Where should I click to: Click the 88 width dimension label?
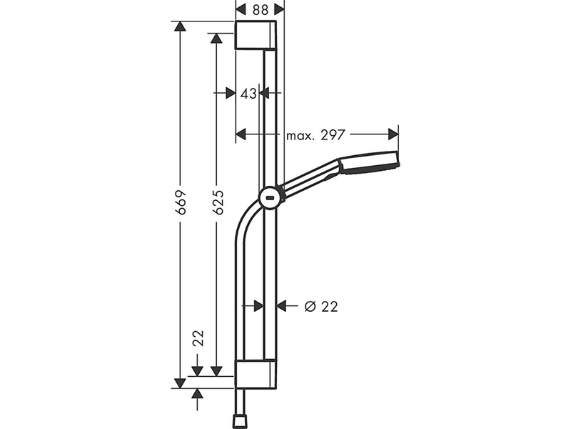(260, 10)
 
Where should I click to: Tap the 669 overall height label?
(181, 202)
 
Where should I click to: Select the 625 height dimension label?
(218, 202)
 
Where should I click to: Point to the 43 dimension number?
(248, 94)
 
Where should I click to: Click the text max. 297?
(315, 135)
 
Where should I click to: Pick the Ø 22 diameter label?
(321, 307)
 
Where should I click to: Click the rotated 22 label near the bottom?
(198, 338)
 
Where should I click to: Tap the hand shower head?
(368, 163)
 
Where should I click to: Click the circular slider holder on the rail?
(271, 198)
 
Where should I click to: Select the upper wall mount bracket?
(256, 35)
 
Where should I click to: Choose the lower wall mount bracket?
(256, 374)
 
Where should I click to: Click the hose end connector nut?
(240, 421)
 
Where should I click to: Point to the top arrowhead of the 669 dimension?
(180, 27)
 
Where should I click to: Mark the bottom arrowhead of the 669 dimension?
(180, 383)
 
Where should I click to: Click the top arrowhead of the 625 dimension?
(216, 39)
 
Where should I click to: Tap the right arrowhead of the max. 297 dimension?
(393, 134)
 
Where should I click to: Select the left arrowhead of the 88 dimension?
(241, 10)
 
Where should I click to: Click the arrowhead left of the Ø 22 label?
(282, 306)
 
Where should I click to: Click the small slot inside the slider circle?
(271, 198)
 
